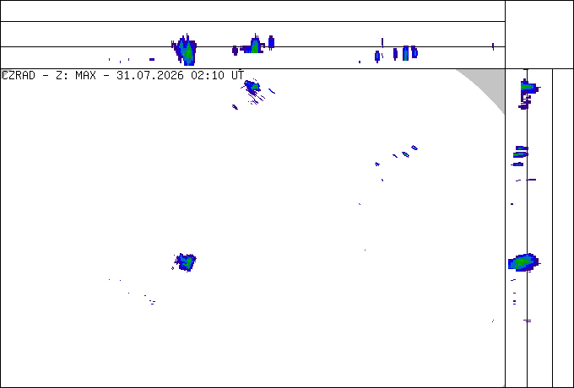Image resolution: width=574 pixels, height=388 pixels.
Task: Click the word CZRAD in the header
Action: [x=19, y=76]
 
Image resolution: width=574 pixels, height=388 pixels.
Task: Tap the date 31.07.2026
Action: [x=150, y=76]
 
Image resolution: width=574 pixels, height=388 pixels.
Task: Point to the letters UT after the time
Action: [x=237, y=76]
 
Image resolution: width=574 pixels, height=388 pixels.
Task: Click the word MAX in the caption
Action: [x=85, y=76]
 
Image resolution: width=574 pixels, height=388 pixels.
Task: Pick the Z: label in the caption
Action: [x=62, y=76]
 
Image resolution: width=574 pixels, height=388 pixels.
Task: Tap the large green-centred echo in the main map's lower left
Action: [x=186, y=262]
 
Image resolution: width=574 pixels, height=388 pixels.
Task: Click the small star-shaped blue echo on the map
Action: [x=377, y=164]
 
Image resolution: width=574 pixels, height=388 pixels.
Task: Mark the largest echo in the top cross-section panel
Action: [x=186, y=50]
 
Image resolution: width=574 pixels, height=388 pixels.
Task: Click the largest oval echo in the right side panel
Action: [x=523, y=262]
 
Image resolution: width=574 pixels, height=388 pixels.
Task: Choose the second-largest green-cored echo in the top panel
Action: [x=254, y=46]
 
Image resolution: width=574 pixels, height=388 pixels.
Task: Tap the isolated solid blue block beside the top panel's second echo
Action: [x=271, y=42]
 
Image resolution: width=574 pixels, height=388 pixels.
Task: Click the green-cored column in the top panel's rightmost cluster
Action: [x=406, y=53]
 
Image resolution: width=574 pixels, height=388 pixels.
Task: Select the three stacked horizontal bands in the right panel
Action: [x=519, y=156]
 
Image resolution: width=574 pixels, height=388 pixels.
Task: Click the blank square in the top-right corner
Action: [x=539, y=35]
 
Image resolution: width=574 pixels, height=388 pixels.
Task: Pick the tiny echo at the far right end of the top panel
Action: [x=493, y=46]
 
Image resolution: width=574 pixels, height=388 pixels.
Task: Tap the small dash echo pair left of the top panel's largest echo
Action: [x=152, y=59]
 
